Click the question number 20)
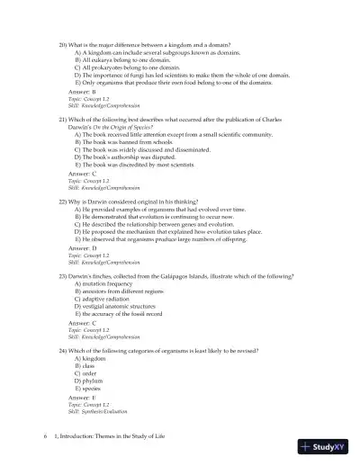click(x=63, y=45)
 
